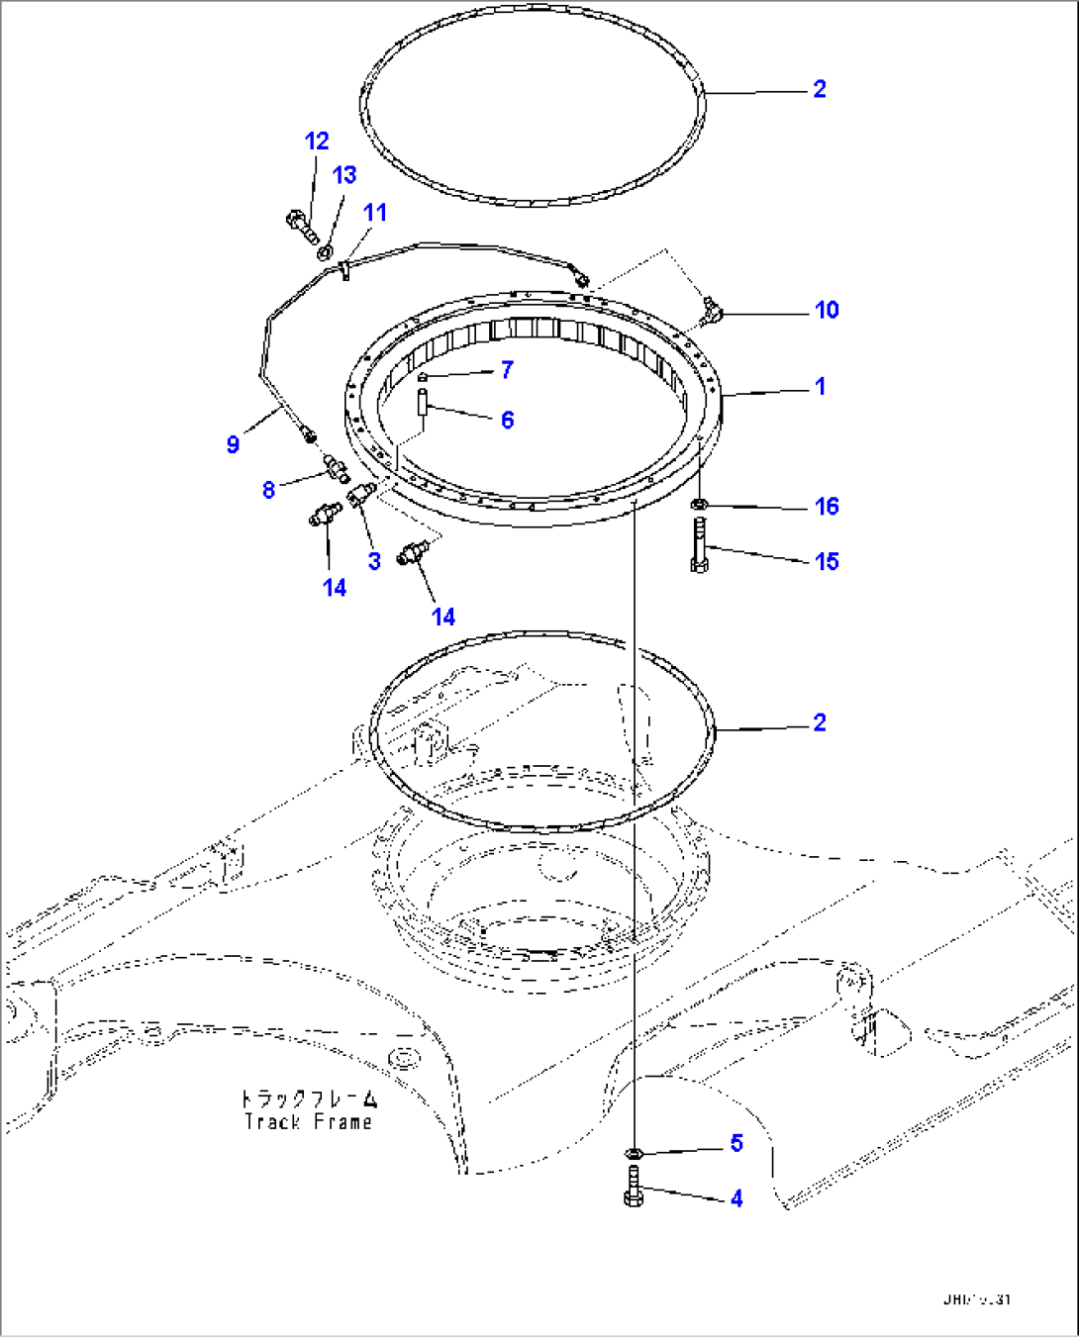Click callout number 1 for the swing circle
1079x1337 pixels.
click(820, 386)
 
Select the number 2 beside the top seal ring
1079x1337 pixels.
click(819, 89)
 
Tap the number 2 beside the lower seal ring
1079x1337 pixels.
click(819, 722)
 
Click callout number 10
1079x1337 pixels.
click(826, 310)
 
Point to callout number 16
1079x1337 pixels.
click(826, 507)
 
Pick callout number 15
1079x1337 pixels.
click(826, 561)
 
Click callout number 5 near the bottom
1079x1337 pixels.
click(736, 1143)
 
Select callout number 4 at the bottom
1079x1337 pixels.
click(736, 1198)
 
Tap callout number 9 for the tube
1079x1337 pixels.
click(233, 444)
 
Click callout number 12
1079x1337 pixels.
click(316, 142)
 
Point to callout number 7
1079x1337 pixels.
click(507, 369)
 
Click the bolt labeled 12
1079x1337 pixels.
click(300, 226)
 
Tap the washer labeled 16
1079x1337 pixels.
click(699, 506)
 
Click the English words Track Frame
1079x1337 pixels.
click(309, 1121)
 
